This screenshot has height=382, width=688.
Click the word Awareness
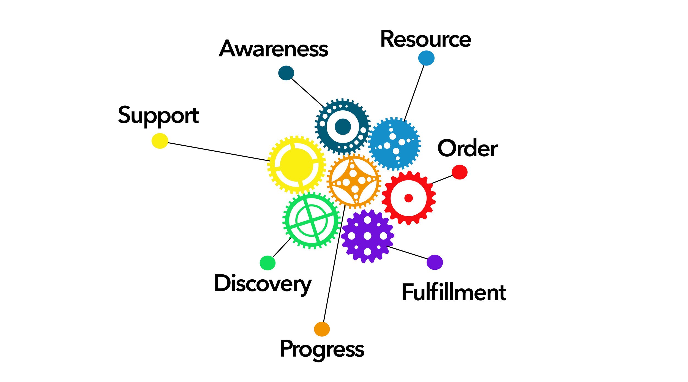click(x=273, y=49)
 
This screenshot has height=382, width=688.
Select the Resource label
click(x=425, y=39)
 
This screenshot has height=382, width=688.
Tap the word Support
click(x=158, y=116)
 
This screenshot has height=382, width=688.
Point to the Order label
click(x=467, y=149)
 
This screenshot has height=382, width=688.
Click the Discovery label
click(x=263, y=284)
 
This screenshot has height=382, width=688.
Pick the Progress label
click(x=322, y=349)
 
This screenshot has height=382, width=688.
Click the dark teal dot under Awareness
click(x=286, y=73)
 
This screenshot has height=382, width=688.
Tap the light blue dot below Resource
click(x=426, y=58)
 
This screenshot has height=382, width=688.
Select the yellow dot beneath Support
click(x=160, y=141)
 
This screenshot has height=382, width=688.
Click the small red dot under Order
click(x=460, y=172)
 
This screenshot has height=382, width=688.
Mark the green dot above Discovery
click(x=267, y=263)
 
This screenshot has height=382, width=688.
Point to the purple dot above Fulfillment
click(x=435, y=262)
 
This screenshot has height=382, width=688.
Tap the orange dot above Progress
click(x=322, y=329)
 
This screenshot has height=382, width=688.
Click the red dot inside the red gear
click(x=409, y=198)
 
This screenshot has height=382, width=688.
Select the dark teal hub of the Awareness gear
click(x=343, y=127)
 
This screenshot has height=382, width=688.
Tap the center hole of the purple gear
click(x=367, y=236)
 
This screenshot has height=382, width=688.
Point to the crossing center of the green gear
click(x=312, y=221)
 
